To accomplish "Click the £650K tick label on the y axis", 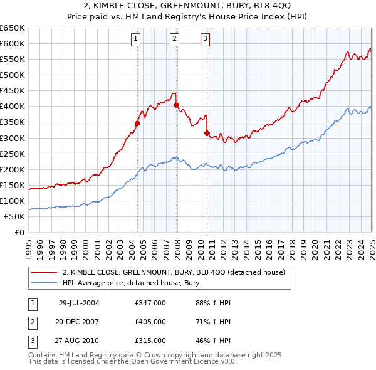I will (13, 28).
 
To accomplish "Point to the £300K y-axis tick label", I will (13, 138).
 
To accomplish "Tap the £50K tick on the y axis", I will (14, 216).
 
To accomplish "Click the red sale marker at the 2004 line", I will (137, 123).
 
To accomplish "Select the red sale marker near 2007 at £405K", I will (176, 105).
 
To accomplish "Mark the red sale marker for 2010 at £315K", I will (207, 133).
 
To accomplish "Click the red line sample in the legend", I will (44, 272).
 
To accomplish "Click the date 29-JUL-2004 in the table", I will (79, 303).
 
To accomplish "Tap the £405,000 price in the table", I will (150, 322).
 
